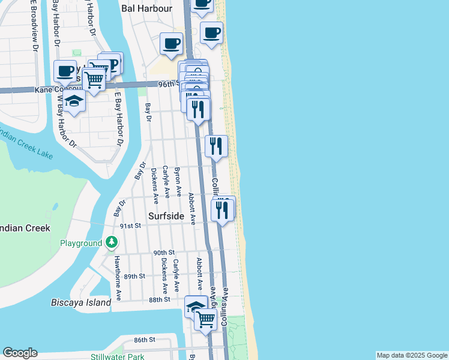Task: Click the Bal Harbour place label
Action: pos(146,8)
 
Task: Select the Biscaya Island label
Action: pos(81,302)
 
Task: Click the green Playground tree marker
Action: pos(112,242)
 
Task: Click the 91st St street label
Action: pos(130,226)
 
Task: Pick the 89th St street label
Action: pos(134,276)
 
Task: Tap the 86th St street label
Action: pos(145,340)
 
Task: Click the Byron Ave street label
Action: pos(178,181)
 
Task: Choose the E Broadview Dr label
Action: pos(34,24)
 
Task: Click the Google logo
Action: pos(20,353)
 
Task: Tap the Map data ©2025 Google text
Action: pos(411,355)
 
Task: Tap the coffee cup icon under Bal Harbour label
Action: pos(172,43)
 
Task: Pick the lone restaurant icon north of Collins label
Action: pos(216,146)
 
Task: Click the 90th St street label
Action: pos(163,253)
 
